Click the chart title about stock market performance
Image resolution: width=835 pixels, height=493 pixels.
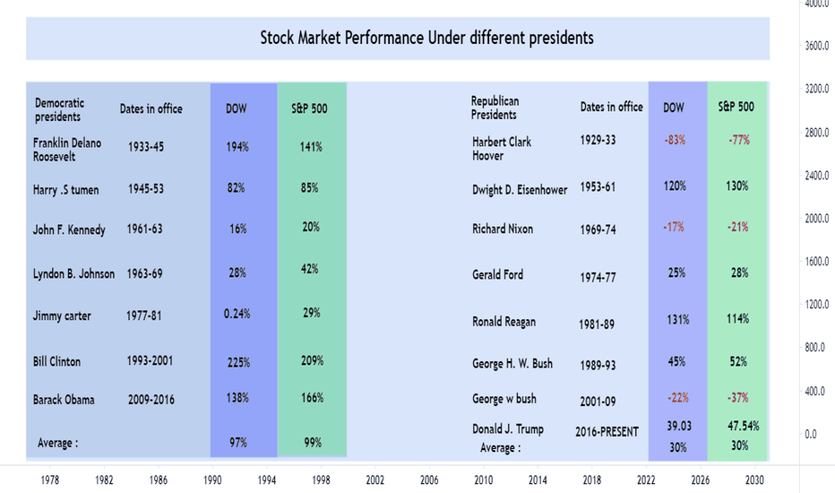point(426,38)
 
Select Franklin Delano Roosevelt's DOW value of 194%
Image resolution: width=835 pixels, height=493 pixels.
point(237,147)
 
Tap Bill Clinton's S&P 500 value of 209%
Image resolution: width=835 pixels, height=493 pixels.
point(312,361)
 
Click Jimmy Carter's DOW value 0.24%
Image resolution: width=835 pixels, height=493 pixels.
point(237,314)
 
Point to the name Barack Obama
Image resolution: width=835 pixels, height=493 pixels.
point(64,400)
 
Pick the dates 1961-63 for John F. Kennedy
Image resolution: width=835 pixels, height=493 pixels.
point(145,229)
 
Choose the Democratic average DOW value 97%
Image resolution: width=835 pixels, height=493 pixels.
point(238,443)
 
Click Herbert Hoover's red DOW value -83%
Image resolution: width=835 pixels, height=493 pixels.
point(675,140)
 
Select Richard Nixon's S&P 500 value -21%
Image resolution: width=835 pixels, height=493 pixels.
point(737,227)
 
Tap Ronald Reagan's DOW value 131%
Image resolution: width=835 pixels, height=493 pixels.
point(678,320)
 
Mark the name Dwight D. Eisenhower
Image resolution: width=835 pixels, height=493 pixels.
point(520,190)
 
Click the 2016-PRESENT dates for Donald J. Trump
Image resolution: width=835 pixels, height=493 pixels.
point(607,432)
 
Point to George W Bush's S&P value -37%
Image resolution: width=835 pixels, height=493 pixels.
point(737,398)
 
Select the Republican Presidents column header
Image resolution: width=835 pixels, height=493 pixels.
point(495,108)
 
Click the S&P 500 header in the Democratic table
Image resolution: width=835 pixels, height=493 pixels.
point(309,108)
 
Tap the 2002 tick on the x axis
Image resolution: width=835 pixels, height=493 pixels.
point(374,480)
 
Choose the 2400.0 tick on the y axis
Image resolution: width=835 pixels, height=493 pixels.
point(816,176)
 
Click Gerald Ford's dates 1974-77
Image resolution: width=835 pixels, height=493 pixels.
point(598,278)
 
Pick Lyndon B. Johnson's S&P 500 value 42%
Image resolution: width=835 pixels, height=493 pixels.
point(309,269)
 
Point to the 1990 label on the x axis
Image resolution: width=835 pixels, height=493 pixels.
point(212,480)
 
